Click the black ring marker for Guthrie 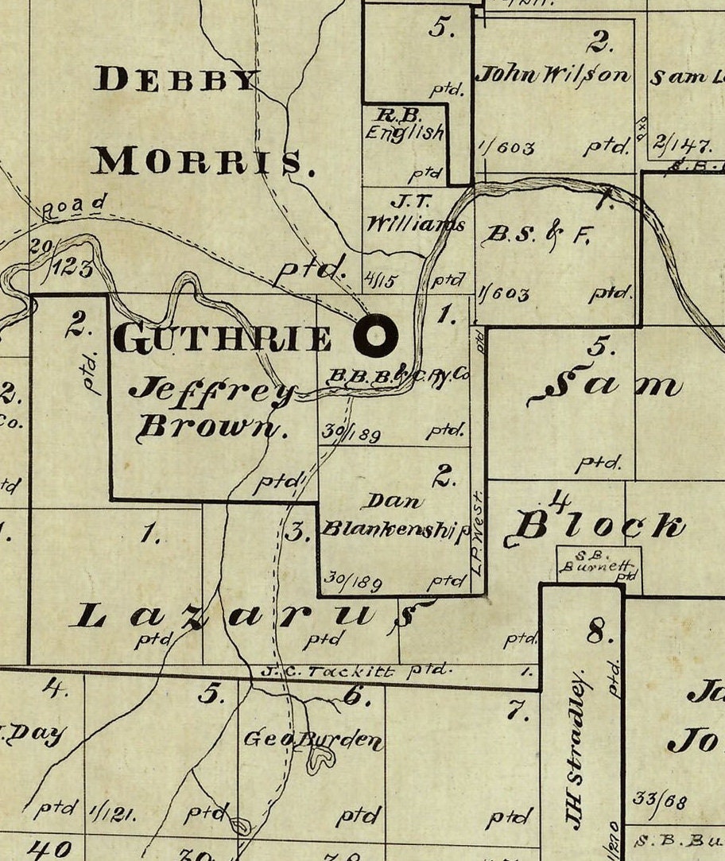376,335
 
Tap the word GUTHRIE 223,339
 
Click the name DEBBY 177,80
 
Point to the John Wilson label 553,76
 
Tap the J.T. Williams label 415,215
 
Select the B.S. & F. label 538,235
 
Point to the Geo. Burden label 312,740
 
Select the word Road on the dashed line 73,207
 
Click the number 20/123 60,258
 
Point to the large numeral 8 599,632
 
